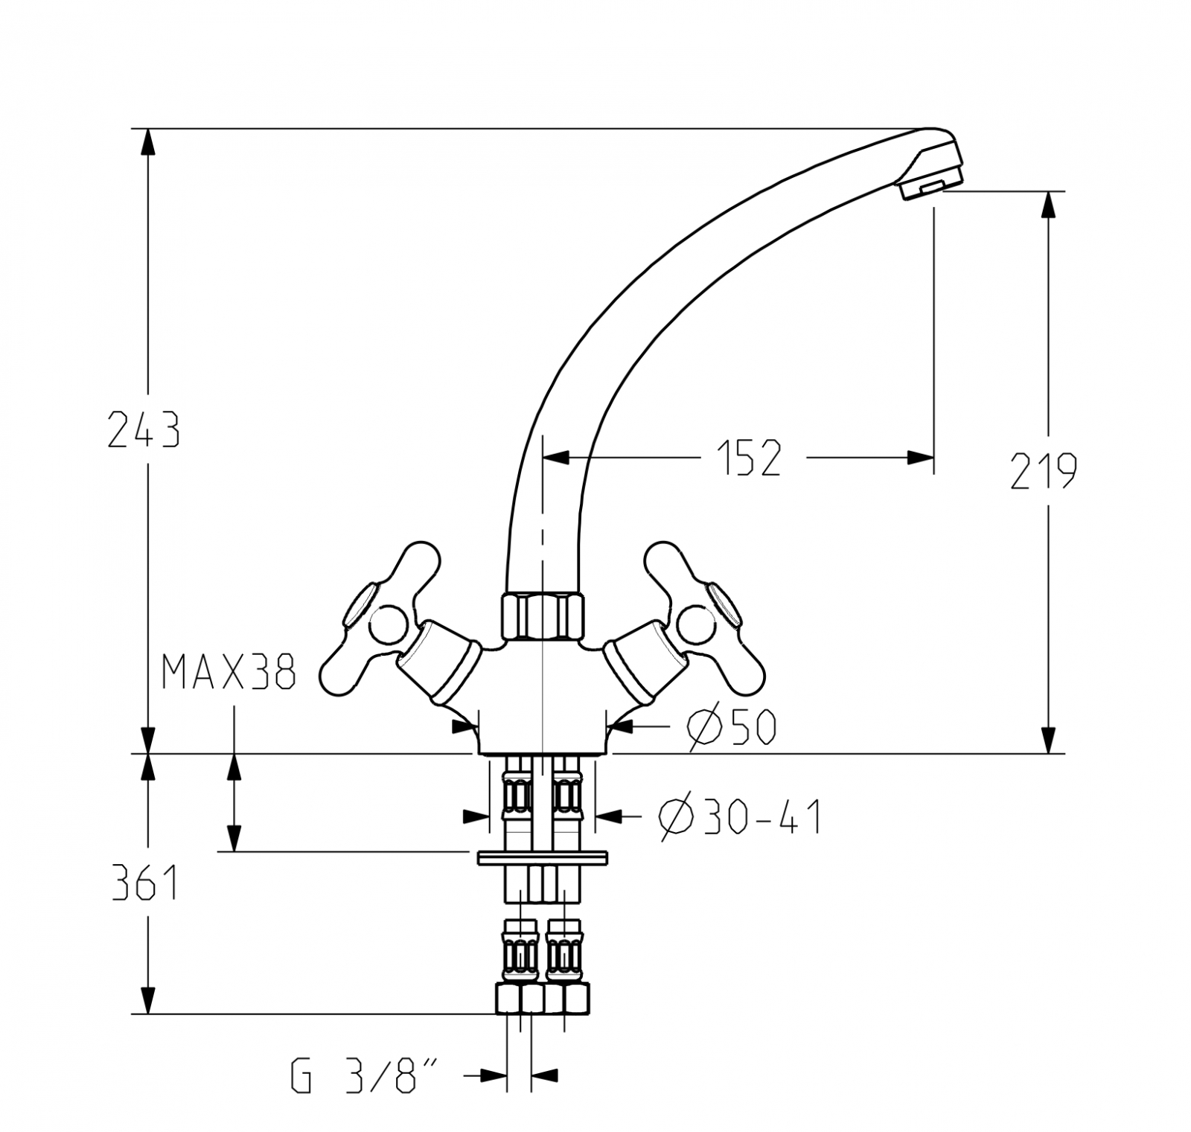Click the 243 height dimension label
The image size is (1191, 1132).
pos(144,430)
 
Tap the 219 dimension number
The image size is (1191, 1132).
pos(1043,471)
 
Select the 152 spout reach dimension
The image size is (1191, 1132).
pos(749,458)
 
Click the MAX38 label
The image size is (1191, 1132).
pos(229,673)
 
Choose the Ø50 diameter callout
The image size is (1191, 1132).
pos(732,727)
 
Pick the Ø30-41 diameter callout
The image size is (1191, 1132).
pos(740,818)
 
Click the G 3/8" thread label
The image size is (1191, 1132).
pos(363,1075)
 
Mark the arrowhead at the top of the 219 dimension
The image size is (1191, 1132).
pos(1049,205)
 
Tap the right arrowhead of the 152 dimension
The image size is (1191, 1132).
pos(920,458)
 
